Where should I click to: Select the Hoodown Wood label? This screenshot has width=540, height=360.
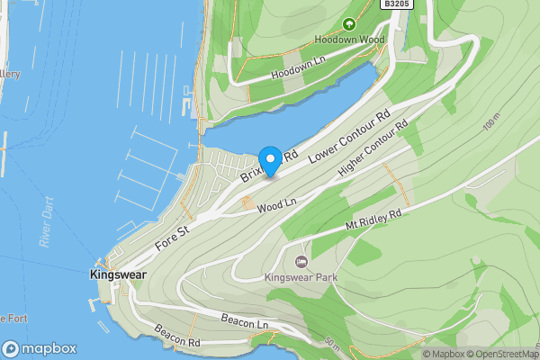pyautogui.click(x=349, y=40)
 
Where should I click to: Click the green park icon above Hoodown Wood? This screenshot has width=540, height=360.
pyautogui.click(x=349, y=25)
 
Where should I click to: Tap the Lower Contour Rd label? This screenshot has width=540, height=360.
pyautogui.click(x=349, y=137)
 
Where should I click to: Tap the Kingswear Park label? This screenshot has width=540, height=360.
pyautogui.click(x=301, y=277)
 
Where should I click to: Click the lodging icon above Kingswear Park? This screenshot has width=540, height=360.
pyautogui.click(x=301, y=262)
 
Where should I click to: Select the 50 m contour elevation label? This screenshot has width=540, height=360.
pyautogui.click(x=332, y=343)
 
